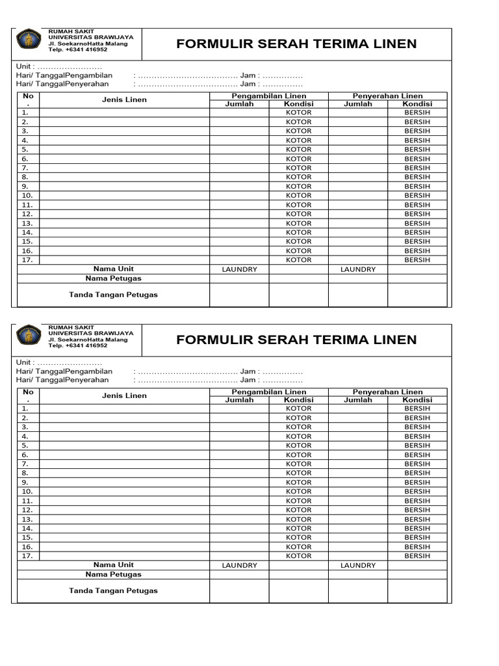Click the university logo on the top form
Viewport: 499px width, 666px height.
[29, 40]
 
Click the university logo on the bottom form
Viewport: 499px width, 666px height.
[29, 336]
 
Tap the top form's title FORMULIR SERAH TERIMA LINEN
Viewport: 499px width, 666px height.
[296, 44]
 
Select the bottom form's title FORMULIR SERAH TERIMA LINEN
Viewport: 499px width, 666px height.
[296, 340]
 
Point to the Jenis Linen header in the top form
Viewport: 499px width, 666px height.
[124, 100]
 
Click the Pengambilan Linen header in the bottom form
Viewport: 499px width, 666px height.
[269, 392]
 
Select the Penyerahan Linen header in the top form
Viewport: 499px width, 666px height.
[387, 96]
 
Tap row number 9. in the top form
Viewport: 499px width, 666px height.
[25, 187]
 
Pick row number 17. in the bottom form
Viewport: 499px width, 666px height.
[27, 556]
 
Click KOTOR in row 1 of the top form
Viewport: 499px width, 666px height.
[299, 113]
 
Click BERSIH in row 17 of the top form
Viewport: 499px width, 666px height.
[417, 260]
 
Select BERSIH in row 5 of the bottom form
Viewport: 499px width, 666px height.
[417, 446]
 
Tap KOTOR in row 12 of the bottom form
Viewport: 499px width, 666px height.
[299, 510]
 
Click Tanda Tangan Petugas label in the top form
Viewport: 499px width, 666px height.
[113, 295]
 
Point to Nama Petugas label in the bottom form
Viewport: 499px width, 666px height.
[113, 574]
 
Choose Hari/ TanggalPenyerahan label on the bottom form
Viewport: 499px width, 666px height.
[62, 380]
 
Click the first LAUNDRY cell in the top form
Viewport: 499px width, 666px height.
[239, 269]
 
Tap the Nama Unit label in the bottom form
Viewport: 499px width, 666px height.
[113, 565]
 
